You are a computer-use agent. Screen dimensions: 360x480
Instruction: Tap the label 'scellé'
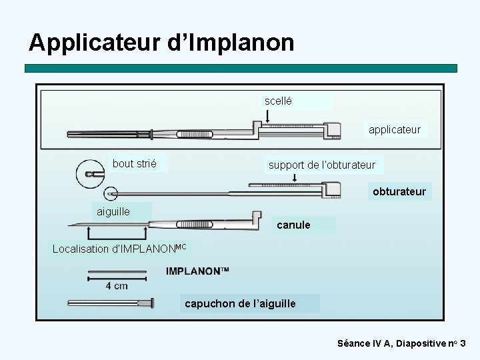(x=278, y=101)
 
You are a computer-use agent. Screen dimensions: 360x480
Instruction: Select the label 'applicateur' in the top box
(x=395, y=129)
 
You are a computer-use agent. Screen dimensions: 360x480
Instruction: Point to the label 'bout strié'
(x=135, y=163)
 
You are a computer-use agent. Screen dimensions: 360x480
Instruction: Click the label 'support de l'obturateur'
(x=322, y=165)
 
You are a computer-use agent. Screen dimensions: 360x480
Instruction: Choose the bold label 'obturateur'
(x=399, y=192)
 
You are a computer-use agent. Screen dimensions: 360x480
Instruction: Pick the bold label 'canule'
(x=293, y=225)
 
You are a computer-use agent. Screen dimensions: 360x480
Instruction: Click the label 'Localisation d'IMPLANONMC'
(x=120, y=249)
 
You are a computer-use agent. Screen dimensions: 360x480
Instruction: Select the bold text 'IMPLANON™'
(x=197, y=271)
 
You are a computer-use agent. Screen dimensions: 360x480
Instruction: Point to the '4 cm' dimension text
(x=117, y=286)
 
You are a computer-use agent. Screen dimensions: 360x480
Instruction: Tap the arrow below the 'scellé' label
(x=267, y=117)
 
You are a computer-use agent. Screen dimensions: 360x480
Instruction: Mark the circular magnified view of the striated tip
(x=89, y=175)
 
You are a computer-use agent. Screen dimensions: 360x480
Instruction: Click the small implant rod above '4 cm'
(x=117, y=273)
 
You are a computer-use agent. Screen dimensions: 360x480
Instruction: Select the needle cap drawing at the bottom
(x=111, y=303)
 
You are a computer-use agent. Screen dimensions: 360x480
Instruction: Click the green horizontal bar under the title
(x=241, y=68)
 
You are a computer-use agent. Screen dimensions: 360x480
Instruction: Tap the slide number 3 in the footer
(x=463, y=344)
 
